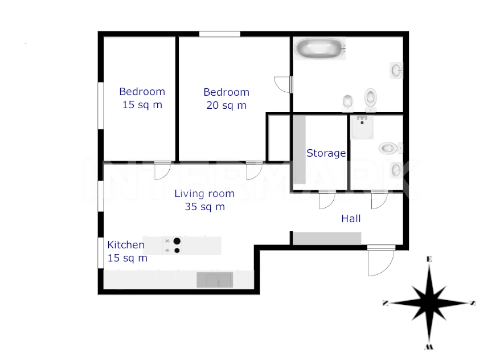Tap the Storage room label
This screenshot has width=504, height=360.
click(x=326, y=153)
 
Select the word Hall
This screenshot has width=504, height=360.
click(x=351, y=219)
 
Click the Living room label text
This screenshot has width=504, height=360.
click(x=204, y=194)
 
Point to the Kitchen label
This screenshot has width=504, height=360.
click(x=126, y=244)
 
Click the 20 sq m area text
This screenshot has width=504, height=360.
click(x=226, y=105)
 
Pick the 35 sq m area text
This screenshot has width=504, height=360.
click(x=205, y=207)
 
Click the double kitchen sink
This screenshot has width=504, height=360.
click(x=215, y=280)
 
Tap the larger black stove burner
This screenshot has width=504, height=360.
click(x=177, y=241)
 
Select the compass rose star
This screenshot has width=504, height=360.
click(x=429, y=303)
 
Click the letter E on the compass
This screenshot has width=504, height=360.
click(x=429, y=259)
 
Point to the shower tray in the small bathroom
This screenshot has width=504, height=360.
click(x=362, y=128)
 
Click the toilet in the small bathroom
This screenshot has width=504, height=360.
click(x=390, y=148)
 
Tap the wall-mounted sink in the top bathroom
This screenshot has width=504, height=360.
click(x=396, y=70)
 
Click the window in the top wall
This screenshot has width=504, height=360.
click(x=219, y=34)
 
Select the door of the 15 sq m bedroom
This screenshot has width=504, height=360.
click(x=162, y=171)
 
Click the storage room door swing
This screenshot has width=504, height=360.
click(x=327, y=199)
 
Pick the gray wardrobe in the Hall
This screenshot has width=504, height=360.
click(x=327, y=239)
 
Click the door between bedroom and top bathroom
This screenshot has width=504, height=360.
click(x=283, y=84)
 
